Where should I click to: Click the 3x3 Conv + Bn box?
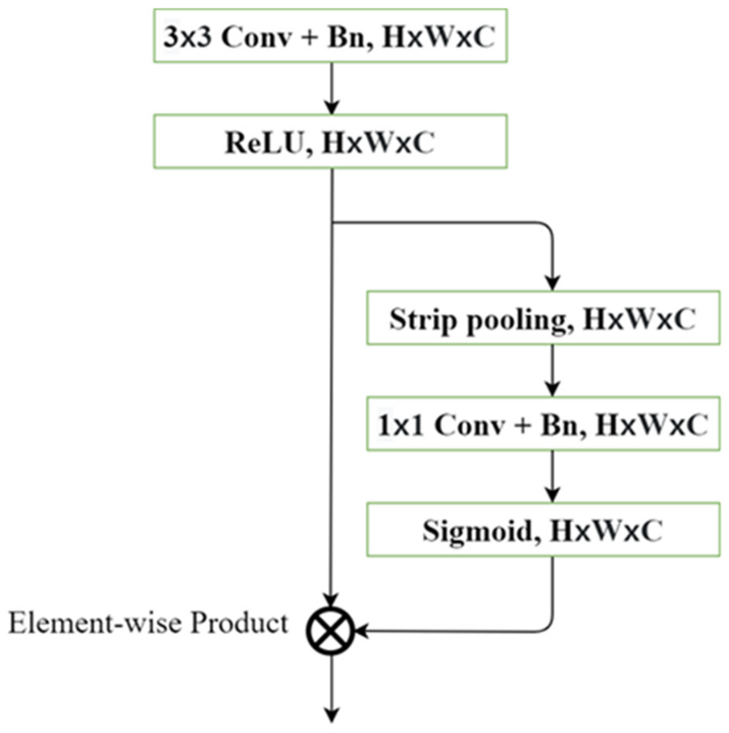point(330,36)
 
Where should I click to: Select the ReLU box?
point(330,142)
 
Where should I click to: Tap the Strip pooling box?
point(543,318)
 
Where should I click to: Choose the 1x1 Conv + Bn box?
point(543,424)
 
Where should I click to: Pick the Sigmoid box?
point(543,530)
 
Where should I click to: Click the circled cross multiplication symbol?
point(330,631)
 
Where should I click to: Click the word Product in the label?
point(239,623)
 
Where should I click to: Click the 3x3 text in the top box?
point(187,36)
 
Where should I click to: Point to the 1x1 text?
point(400,425)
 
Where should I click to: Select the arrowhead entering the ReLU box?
point(332,107)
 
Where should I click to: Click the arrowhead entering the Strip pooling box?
point(552,284)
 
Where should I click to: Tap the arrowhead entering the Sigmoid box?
point(552,495)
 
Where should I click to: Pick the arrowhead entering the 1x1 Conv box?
point(552,389)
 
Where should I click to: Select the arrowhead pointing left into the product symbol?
point(362,631)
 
